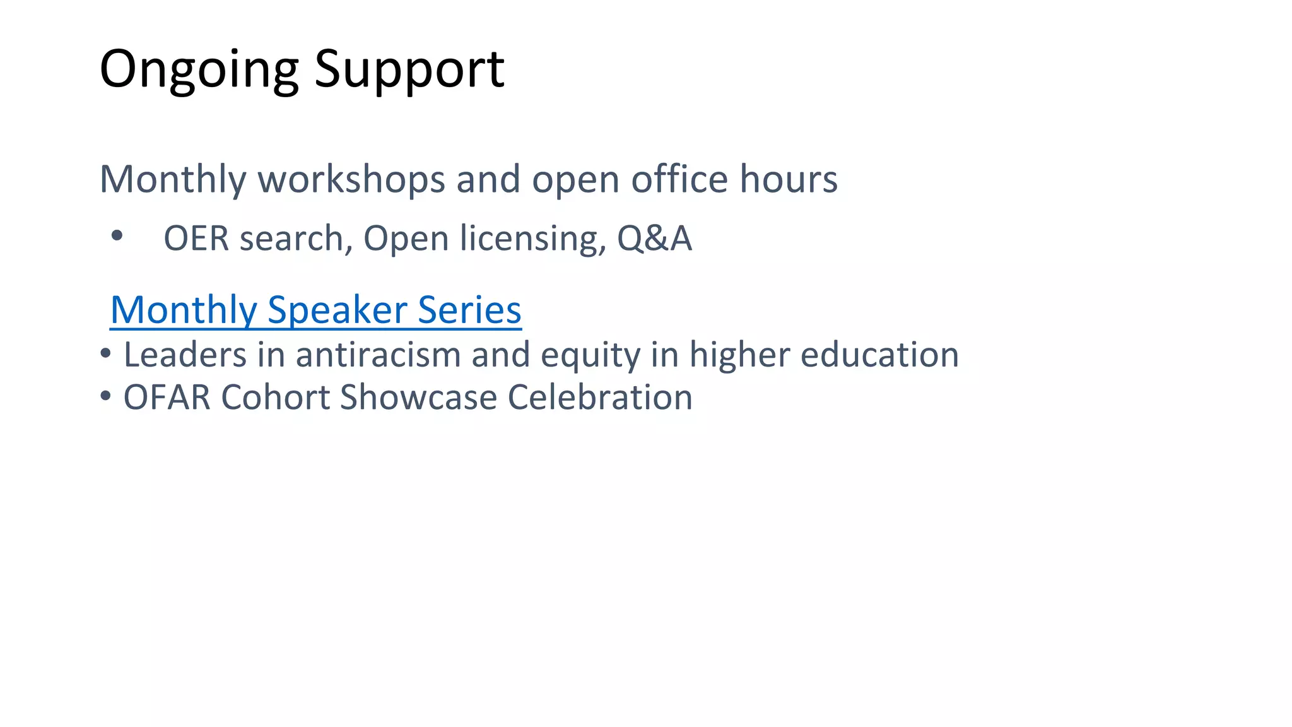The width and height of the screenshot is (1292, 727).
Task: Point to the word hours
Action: (789, 179)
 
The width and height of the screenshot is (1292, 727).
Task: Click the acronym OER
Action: (196, 239)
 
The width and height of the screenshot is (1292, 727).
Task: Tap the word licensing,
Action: (533, 239)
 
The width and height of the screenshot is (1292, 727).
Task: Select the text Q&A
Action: (654, 239)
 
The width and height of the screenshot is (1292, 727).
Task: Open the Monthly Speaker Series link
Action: (315, 310)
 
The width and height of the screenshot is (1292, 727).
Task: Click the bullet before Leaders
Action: (105, 353)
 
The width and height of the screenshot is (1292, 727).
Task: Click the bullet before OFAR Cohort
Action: (105, 396)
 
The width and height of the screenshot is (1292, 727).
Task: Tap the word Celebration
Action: (599, 398)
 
